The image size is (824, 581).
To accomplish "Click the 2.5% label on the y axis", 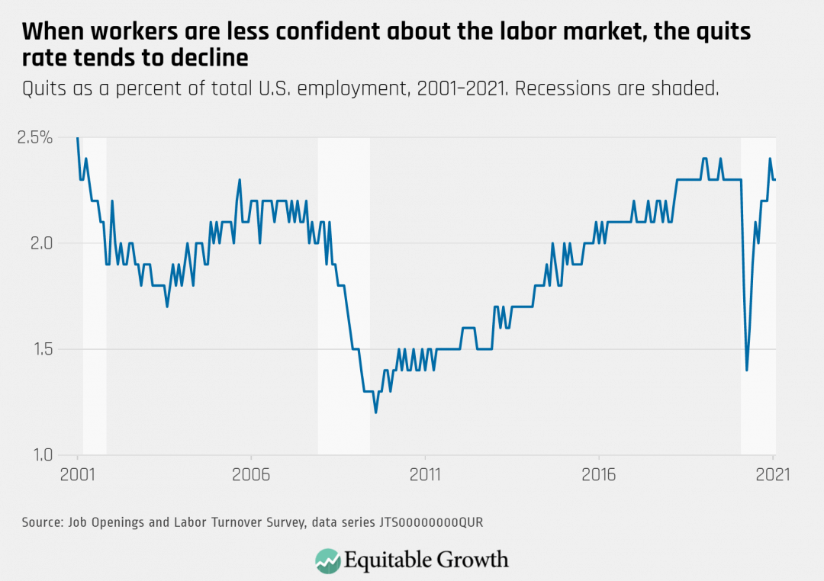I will click(36, 138).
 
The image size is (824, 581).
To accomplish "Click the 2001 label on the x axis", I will click(78, 473).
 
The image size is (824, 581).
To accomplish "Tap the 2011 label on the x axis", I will click(425, 473).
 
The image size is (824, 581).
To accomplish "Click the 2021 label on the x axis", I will click(772, 473).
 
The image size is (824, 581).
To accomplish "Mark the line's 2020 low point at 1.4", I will click(747, 370).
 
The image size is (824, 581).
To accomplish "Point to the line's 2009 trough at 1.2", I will click(375, 412).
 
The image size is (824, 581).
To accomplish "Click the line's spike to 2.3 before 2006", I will click(240, 181).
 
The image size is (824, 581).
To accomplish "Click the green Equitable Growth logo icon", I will click(327, 560).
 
